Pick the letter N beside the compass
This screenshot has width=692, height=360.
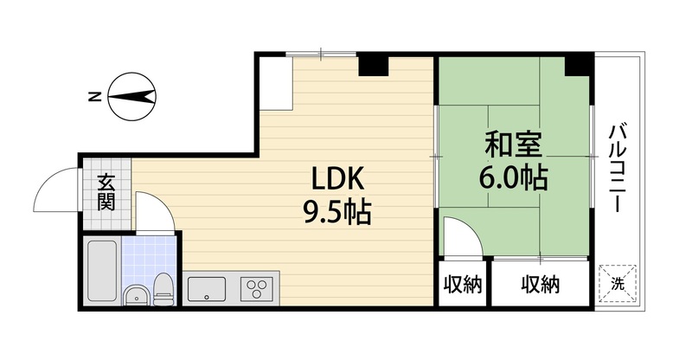[x=93, y=95]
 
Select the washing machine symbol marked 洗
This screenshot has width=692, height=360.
[x=618, y=284]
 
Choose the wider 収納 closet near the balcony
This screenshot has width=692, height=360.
[x=541, y=285]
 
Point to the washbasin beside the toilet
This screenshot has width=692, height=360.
[x=135, y=295]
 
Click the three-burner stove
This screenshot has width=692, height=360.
[x=257, y=286]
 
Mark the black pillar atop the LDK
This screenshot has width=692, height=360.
[x=374, y=65]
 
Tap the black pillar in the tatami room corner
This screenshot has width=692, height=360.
[x=578, y=64]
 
